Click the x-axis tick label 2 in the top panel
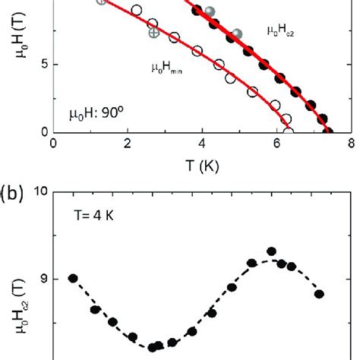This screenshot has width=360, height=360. [127, 143]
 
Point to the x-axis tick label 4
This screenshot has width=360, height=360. [201, 143]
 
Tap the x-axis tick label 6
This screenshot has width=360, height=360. [276, 143]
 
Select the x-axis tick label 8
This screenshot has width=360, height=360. [350, 143]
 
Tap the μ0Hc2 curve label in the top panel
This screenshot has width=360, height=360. [282, 30]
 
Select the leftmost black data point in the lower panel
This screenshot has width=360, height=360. [74, 279]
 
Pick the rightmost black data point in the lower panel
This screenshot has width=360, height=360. [319, 294]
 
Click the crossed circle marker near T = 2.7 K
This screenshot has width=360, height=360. [153, 33]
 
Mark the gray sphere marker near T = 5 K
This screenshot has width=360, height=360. [237, 33]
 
